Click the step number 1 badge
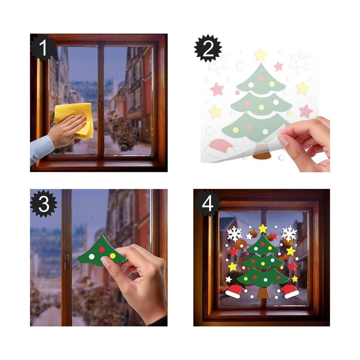(43, 48)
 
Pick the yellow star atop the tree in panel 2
(261, 55)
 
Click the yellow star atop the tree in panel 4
(263, 229)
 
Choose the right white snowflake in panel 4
(289, 233)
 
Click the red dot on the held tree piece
(101, 249)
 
